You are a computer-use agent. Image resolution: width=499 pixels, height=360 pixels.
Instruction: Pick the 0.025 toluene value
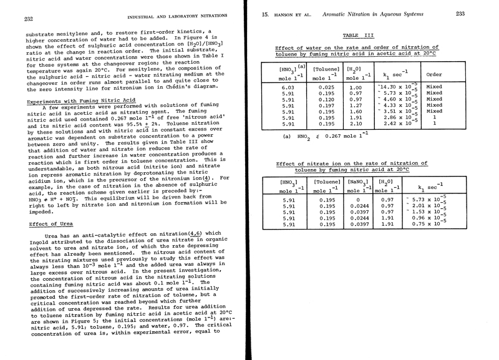click(x=326, y=88)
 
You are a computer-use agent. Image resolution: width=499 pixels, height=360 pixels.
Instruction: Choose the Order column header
click(x=434, y=74)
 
